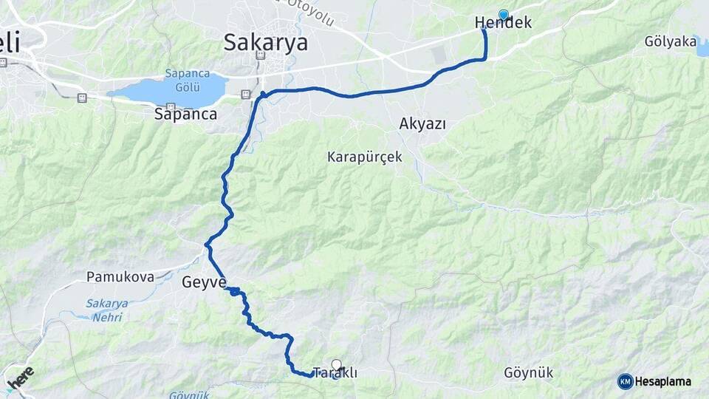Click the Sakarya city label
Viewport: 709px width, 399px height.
pos(266,42)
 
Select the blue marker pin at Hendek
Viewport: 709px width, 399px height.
pos(504,14)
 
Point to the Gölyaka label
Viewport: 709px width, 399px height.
pos(670,41)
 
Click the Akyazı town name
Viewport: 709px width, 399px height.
pos(422,123)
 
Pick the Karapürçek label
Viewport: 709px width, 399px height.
pos(365,157)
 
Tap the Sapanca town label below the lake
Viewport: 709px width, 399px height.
pos(185,114)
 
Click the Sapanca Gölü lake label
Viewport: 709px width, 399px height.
pos(187,81)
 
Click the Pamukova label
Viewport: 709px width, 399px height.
pos(120,277)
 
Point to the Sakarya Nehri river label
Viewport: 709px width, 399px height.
pos(106,309)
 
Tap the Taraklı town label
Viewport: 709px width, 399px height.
pos(335,374)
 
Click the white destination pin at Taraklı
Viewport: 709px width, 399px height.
pos(337,364)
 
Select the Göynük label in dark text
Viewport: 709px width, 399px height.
pos(527,372)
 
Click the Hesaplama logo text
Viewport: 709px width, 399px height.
pos(662,381)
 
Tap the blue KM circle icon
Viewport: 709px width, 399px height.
pos(625,381)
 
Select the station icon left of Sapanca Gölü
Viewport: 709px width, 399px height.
pos(82,98)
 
